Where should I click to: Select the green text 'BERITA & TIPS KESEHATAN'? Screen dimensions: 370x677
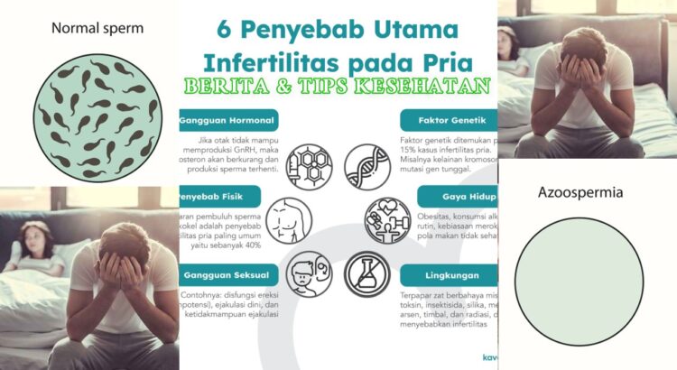click(x=338, y=89)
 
